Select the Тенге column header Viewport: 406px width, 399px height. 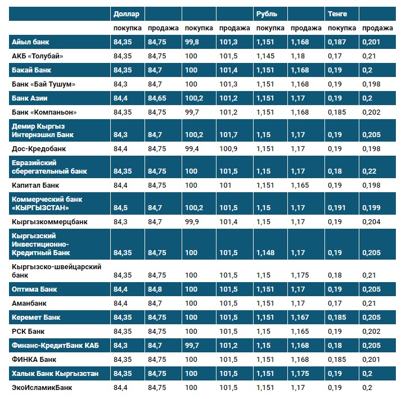click(x=337, y=13)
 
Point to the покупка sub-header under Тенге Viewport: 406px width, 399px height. click(x=342, y=28)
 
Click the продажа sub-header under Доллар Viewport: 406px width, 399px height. click(x=163, y=28)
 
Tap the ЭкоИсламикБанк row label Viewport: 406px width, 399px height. click(x=42, y=387)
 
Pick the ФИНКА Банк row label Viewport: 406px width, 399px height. click(x=34, y=359)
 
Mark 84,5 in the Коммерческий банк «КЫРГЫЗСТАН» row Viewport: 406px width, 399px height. click(x=120, y=208)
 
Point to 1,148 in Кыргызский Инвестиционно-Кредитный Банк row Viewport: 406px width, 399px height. click(x=265, y=253)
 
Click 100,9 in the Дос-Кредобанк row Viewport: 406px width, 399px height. click(x=228, y=149)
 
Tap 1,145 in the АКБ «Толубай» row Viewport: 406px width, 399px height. click(x=265, y=56)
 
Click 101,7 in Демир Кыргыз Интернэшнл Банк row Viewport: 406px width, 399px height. click(x=228, y=135)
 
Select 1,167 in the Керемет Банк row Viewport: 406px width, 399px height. click(x=300, y=318)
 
